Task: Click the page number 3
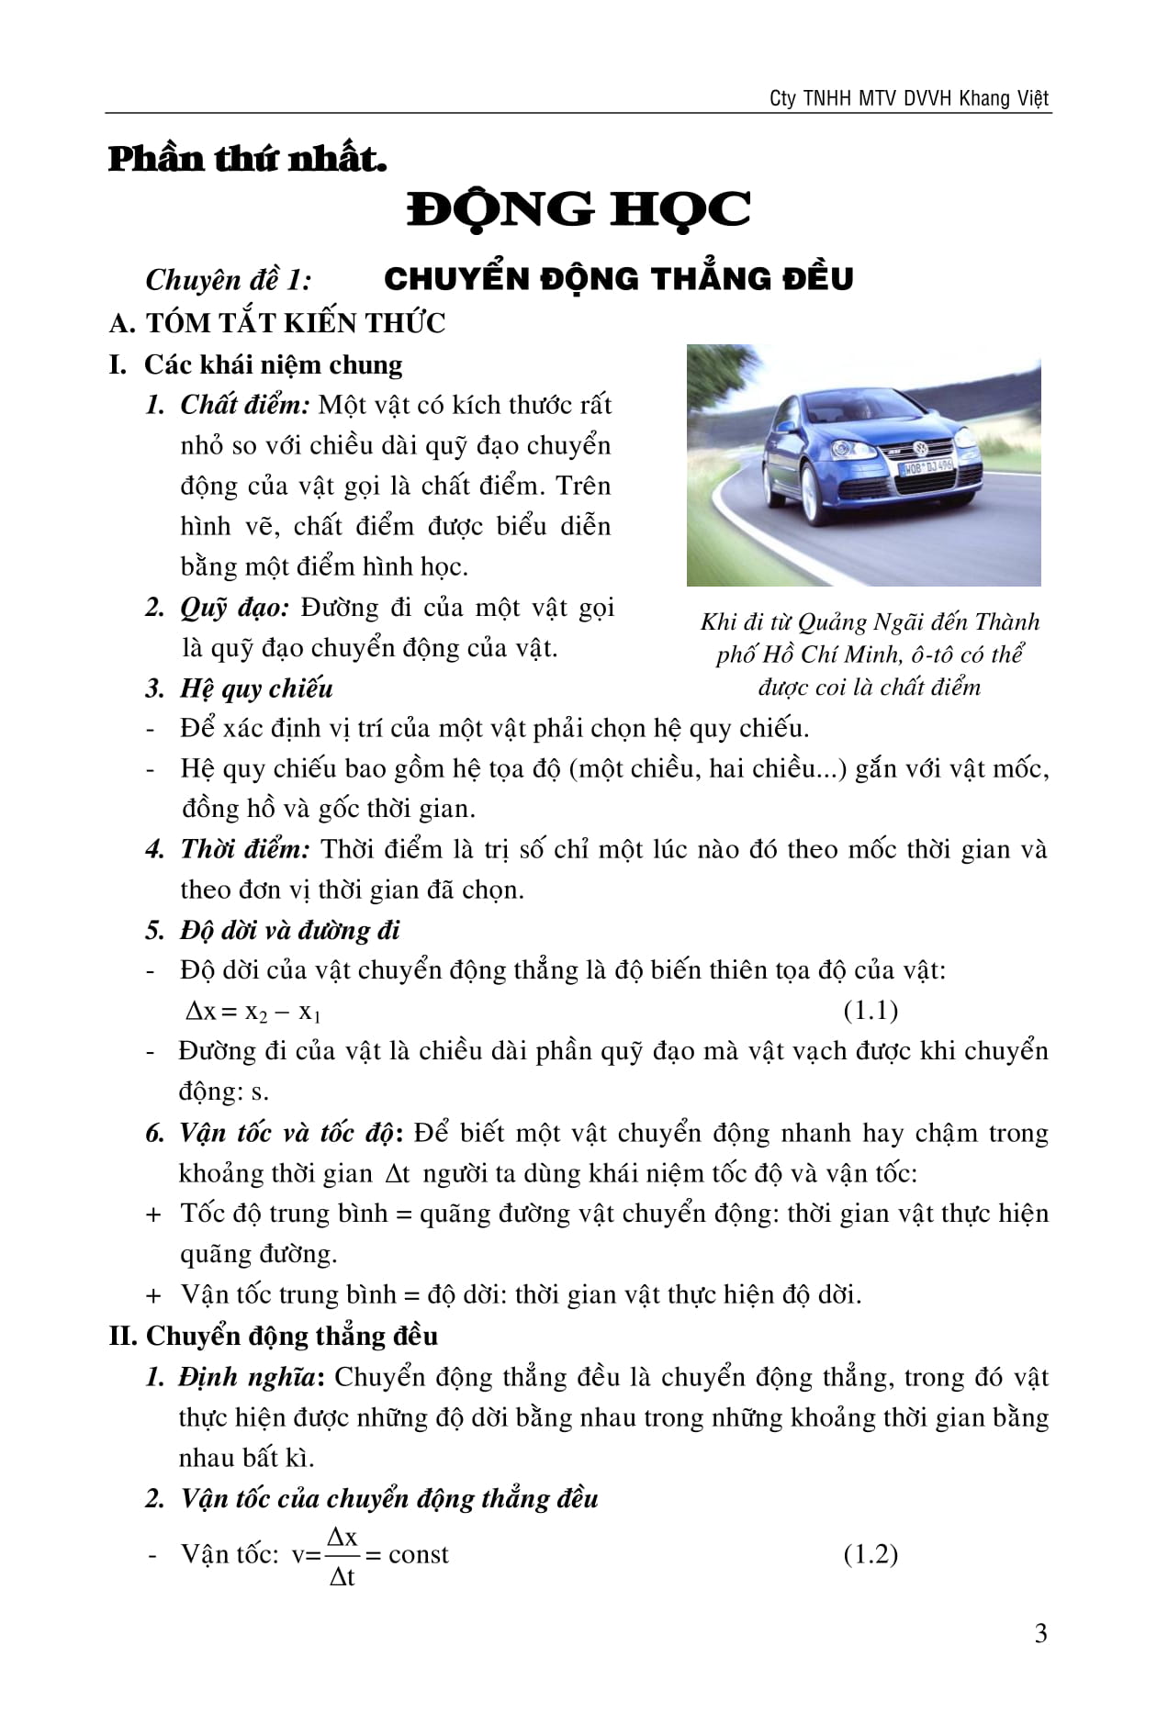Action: [1040, 1633]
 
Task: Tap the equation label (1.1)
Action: [870, 1011]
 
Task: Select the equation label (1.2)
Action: [870, 1554]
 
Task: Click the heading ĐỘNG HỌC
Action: [578, 209]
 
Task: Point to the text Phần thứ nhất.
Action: [247, 159]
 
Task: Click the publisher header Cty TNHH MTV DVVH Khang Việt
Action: [909, 98]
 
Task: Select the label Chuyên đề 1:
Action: [229, 279]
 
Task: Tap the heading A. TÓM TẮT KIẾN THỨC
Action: [276, 323]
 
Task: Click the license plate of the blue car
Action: [927, 468]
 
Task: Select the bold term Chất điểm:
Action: [245, 405]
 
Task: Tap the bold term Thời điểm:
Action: [245, 849]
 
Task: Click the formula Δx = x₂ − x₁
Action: [253, 1012]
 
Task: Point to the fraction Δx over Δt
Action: [343, 1556]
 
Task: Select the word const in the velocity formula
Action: [419, 1554]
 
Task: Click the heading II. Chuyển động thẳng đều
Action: [273, 1336]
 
